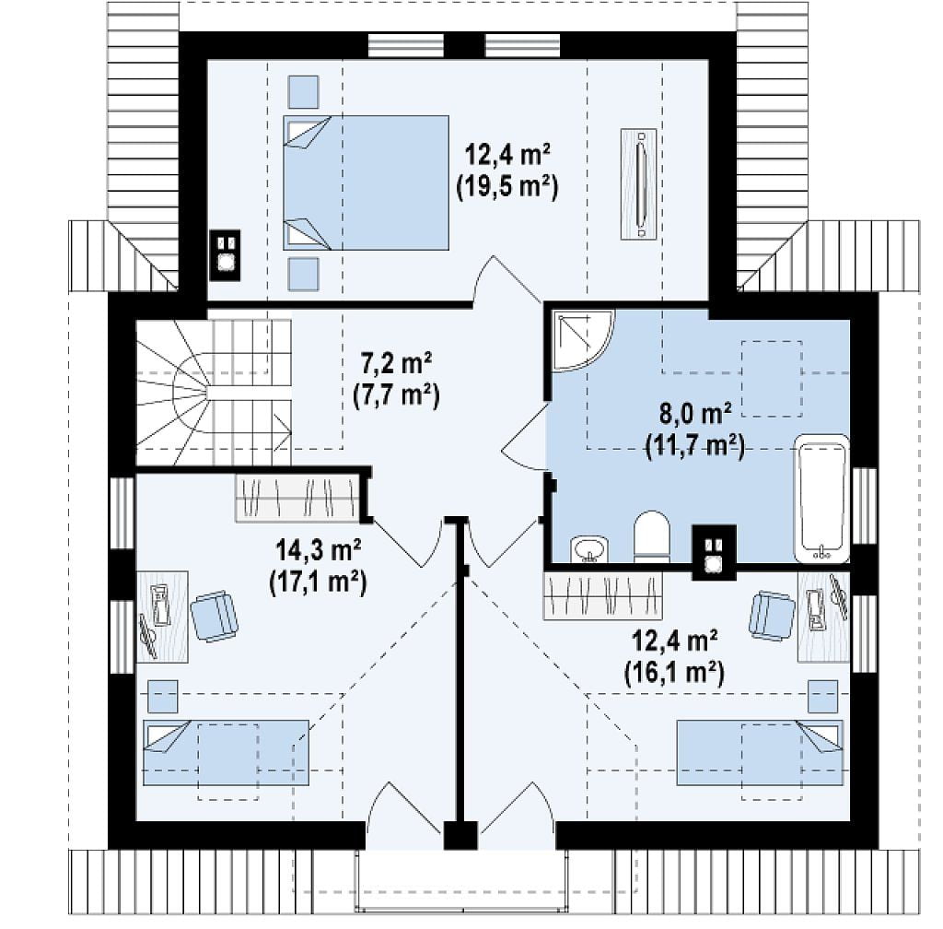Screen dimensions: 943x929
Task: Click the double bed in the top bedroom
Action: (366, 182)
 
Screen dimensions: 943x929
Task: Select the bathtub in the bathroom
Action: (821, 499)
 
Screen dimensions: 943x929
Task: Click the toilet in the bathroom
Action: (652, 536)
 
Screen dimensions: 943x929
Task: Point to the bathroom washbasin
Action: (589, 549)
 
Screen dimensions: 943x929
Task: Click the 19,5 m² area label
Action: (507, 187)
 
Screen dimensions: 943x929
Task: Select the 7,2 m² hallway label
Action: (396, 364)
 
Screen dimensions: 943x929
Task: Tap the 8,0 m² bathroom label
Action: (695, 415)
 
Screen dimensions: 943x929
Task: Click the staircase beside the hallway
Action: (214, 393)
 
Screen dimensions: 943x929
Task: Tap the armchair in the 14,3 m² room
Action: (214, 617)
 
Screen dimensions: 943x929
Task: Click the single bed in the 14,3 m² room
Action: (227, 753)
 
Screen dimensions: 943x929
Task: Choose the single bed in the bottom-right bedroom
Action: (760, 753)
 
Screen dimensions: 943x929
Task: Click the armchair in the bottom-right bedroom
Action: (772, 615)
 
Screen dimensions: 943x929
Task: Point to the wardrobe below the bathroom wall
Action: (602, 595)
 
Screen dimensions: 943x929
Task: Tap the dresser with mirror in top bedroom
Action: (639, 183)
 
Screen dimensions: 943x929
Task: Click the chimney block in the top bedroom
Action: (225, 255)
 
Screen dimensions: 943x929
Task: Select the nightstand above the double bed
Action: (303, 91)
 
